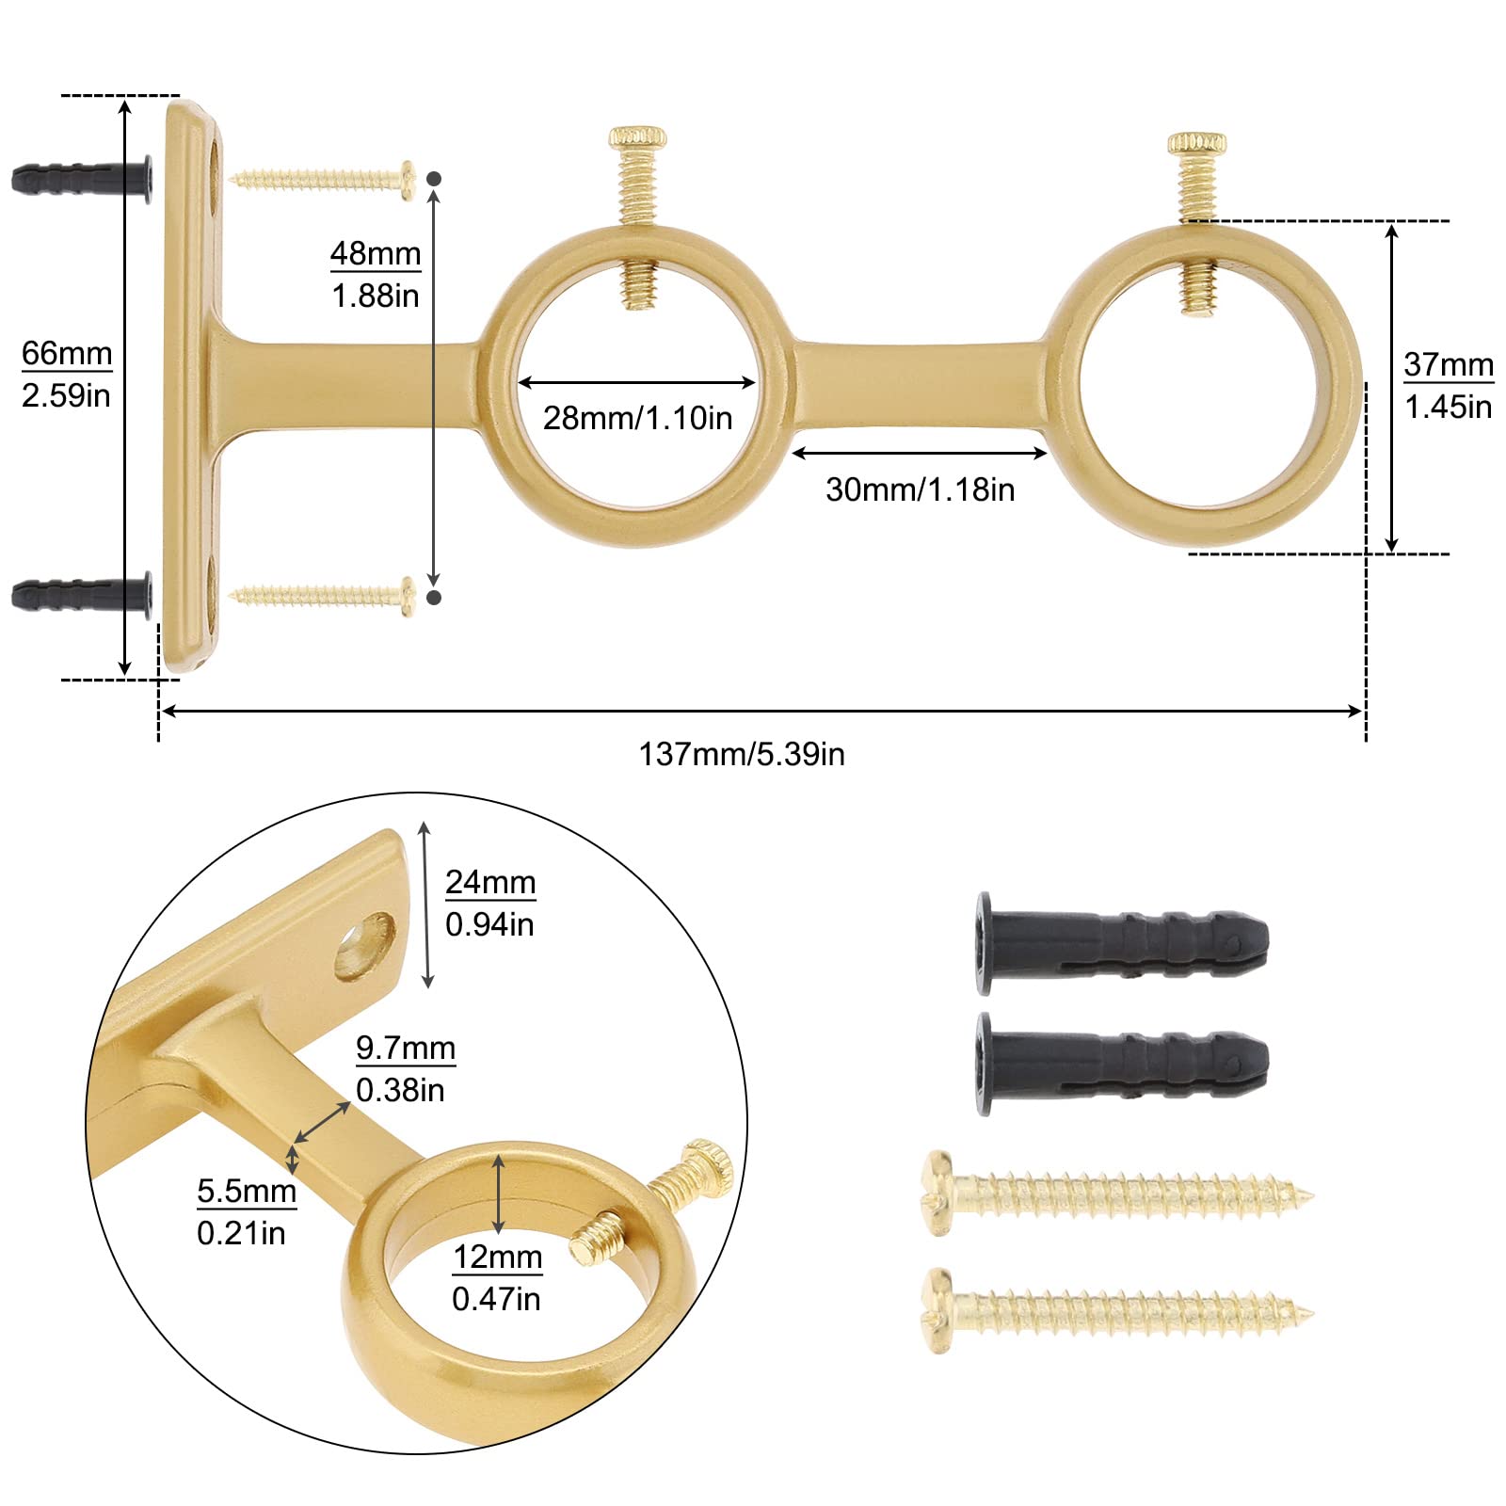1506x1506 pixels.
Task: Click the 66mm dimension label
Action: (x=66, y=355)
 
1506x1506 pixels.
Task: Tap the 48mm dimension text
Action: (x=375, y=254)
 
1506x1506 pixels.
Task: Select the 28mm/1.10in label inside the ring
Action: (x=637, y=418)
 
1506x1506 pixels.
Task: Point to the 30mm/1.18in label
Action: (x=920, y=489)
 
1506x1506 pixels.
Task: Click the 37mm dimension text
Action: (x=1448, y=365)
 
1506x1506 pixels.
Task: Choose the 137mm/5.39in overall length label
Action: (x=742, y=754)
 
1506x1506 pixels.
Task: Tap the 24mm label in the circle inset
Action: (x=489, y=883)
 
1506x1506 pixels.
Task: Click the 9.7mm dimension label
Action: (x=405, y=1049)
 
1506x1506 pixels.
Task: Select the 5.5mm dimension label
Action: (x=246, y=1192)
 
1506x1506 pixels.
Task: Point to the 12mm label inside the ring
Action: (x=497, y=1258)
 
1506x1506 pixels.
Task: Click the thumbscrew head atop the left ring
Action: (x=637, y=137)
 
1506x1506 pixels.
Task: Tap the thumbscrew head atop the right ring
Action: (x=1197, y=143)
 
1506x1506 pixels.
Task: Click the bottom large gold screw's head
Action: (x=937, y=1308)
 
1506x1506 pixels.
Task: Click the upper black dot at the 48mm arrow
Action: (x=434, y=178)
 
